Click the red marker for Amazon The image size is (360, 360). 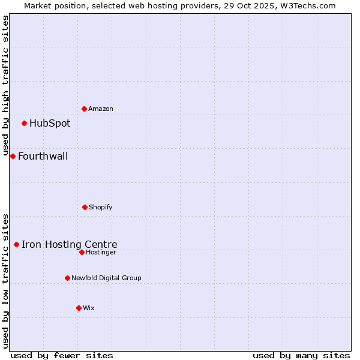click(84, 109)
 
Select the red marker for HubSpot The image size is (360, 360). click(24, 123)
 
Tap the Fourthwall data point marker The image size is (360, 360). click(13, 156)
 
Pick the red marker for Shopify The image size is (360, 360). click(85, 207)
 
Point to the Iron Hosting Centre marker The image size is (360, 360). click(16, 244)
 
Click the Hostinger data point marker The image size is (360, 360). click(82, 252)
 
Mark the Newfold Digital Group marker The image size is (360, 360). click(67, 278)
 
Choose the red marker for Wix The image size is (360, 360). click(79, 308)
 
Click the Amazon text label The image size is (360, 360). click(101, 109)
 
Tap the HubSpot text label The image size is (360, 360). click(50, 124)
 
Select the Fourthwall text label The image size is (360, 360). click(43, 157)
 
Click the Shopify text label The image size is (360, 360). click(101, 207)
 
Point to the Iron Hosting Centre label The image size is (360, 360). click(70, 244)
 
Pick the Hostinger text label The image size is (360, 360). click(101, 252)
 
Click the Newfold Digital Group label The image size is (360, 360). click(107, 278)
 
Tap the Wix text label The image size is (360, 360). click(89, 308)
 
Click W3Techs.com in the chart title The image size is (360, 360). click(305, 5)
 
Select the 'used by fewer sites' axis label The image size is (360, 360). click(62, 355)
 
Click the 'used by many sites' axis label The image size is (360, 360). click(301, 355)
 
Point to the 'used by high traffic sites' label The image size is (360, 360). click(5, 86)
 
